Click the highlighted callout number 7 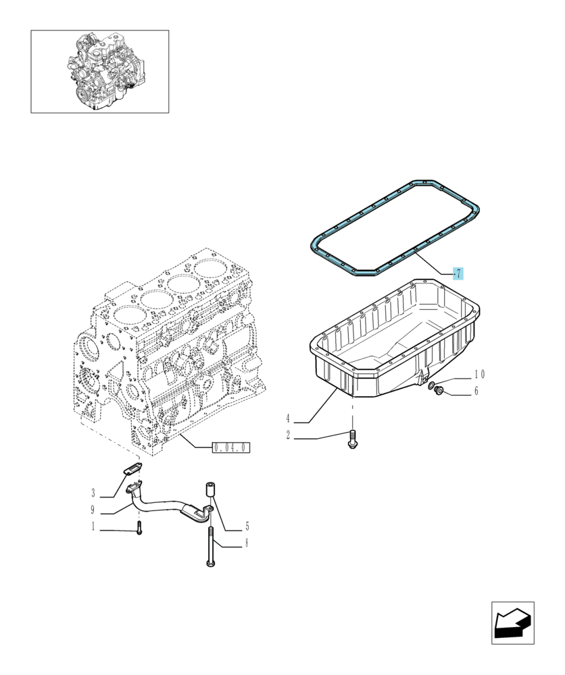(x=458, y=273)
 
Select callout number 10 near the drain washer (x=479, y=375)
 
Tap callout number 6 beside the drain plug (x=476, y=391)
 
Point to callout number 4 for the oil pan (x=288, y=418)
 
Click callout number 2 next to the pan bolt (x=288, y=435)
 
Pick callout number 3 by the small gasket (x=93, y=493)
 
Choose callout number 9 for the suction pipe (x=92, y=510)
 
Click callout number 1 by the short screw (x=93, y=526)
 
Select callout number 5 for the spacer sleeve (x=247, y=526)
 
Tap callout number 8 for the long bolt (x=247, y=543)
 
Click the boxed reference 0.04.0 (x=231, y=448)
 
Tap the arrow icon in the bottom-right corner (x=513, y=623)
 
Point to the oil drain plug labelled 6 (x=439, y=390)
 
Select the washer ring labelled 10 (x=431, y=385)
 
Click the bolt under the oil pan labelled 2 (x=352, y=439)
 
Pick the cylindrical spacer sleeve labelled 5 (x=210, y=490)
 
